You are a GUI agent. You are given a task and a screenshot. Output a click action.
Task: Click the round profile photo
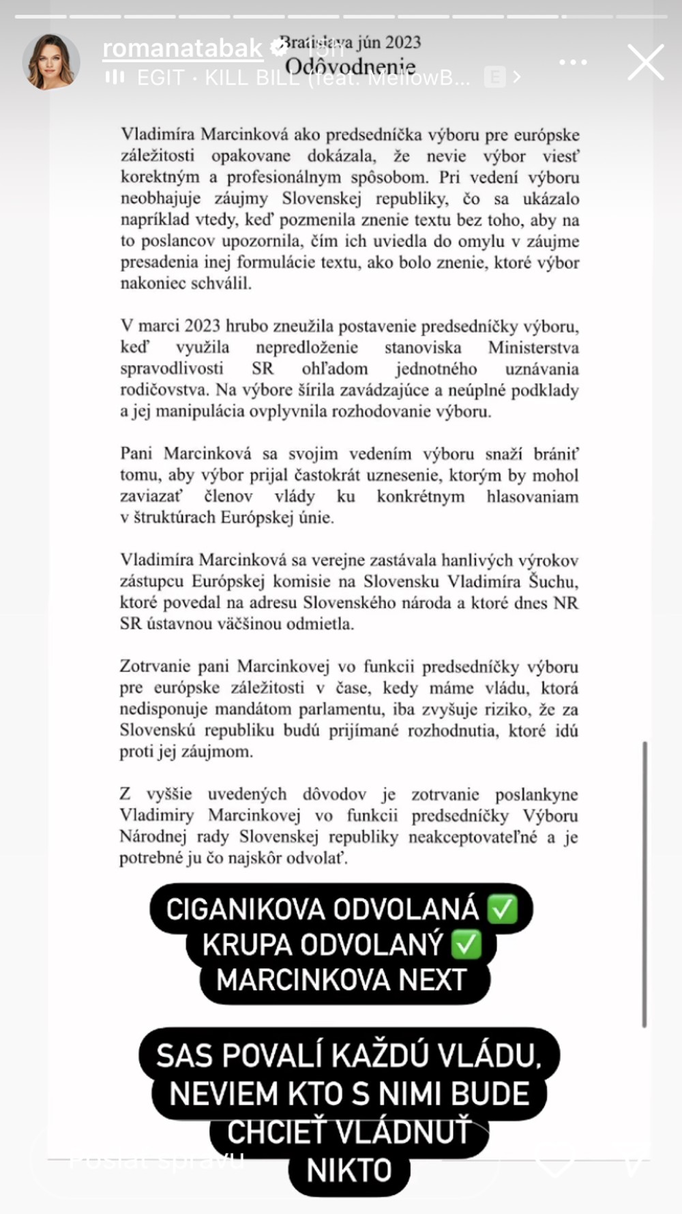click(x=51, y=62)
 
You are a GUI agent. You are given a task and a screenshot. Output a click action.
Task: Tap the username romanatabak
click(x=182, y=48)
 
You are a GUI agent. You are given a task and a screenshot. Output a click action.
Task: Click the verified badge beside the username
click(x=279, y=47)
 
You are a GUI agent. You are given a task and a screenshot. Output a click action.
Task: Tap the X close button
click(x=645, y=63)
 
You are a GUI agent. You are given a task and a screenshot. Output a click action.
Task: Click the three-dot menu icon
click(x=573, y=62)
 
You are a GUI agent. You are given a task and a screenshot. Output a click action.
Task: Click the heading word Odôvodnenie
click(x=351, y=67)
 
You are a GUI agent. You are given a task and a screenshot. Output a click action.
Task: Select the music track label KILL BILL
click(x=252, y=78)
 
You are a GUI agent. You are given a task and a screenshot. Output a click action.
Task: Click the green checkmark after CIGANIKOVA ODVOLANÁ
click(x=503, y=909)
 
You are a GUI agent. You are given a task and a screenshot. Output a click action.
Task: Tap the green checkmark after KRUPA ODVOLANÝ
click(x=467, y=944)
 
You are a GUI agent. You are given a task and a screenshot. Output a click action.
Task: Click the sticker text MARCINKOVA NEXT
click(x=342, y=980)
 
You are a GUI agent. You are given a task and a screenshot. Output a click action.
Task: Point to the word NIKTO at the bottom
click(x=349, y=1170)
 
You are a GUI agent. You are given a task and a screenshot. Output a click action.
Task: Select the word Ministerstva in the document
click(x=533, y=347)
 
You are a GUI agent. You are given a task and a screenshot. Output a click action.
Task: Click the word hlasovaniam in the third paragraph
click(x=532, y=496)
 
